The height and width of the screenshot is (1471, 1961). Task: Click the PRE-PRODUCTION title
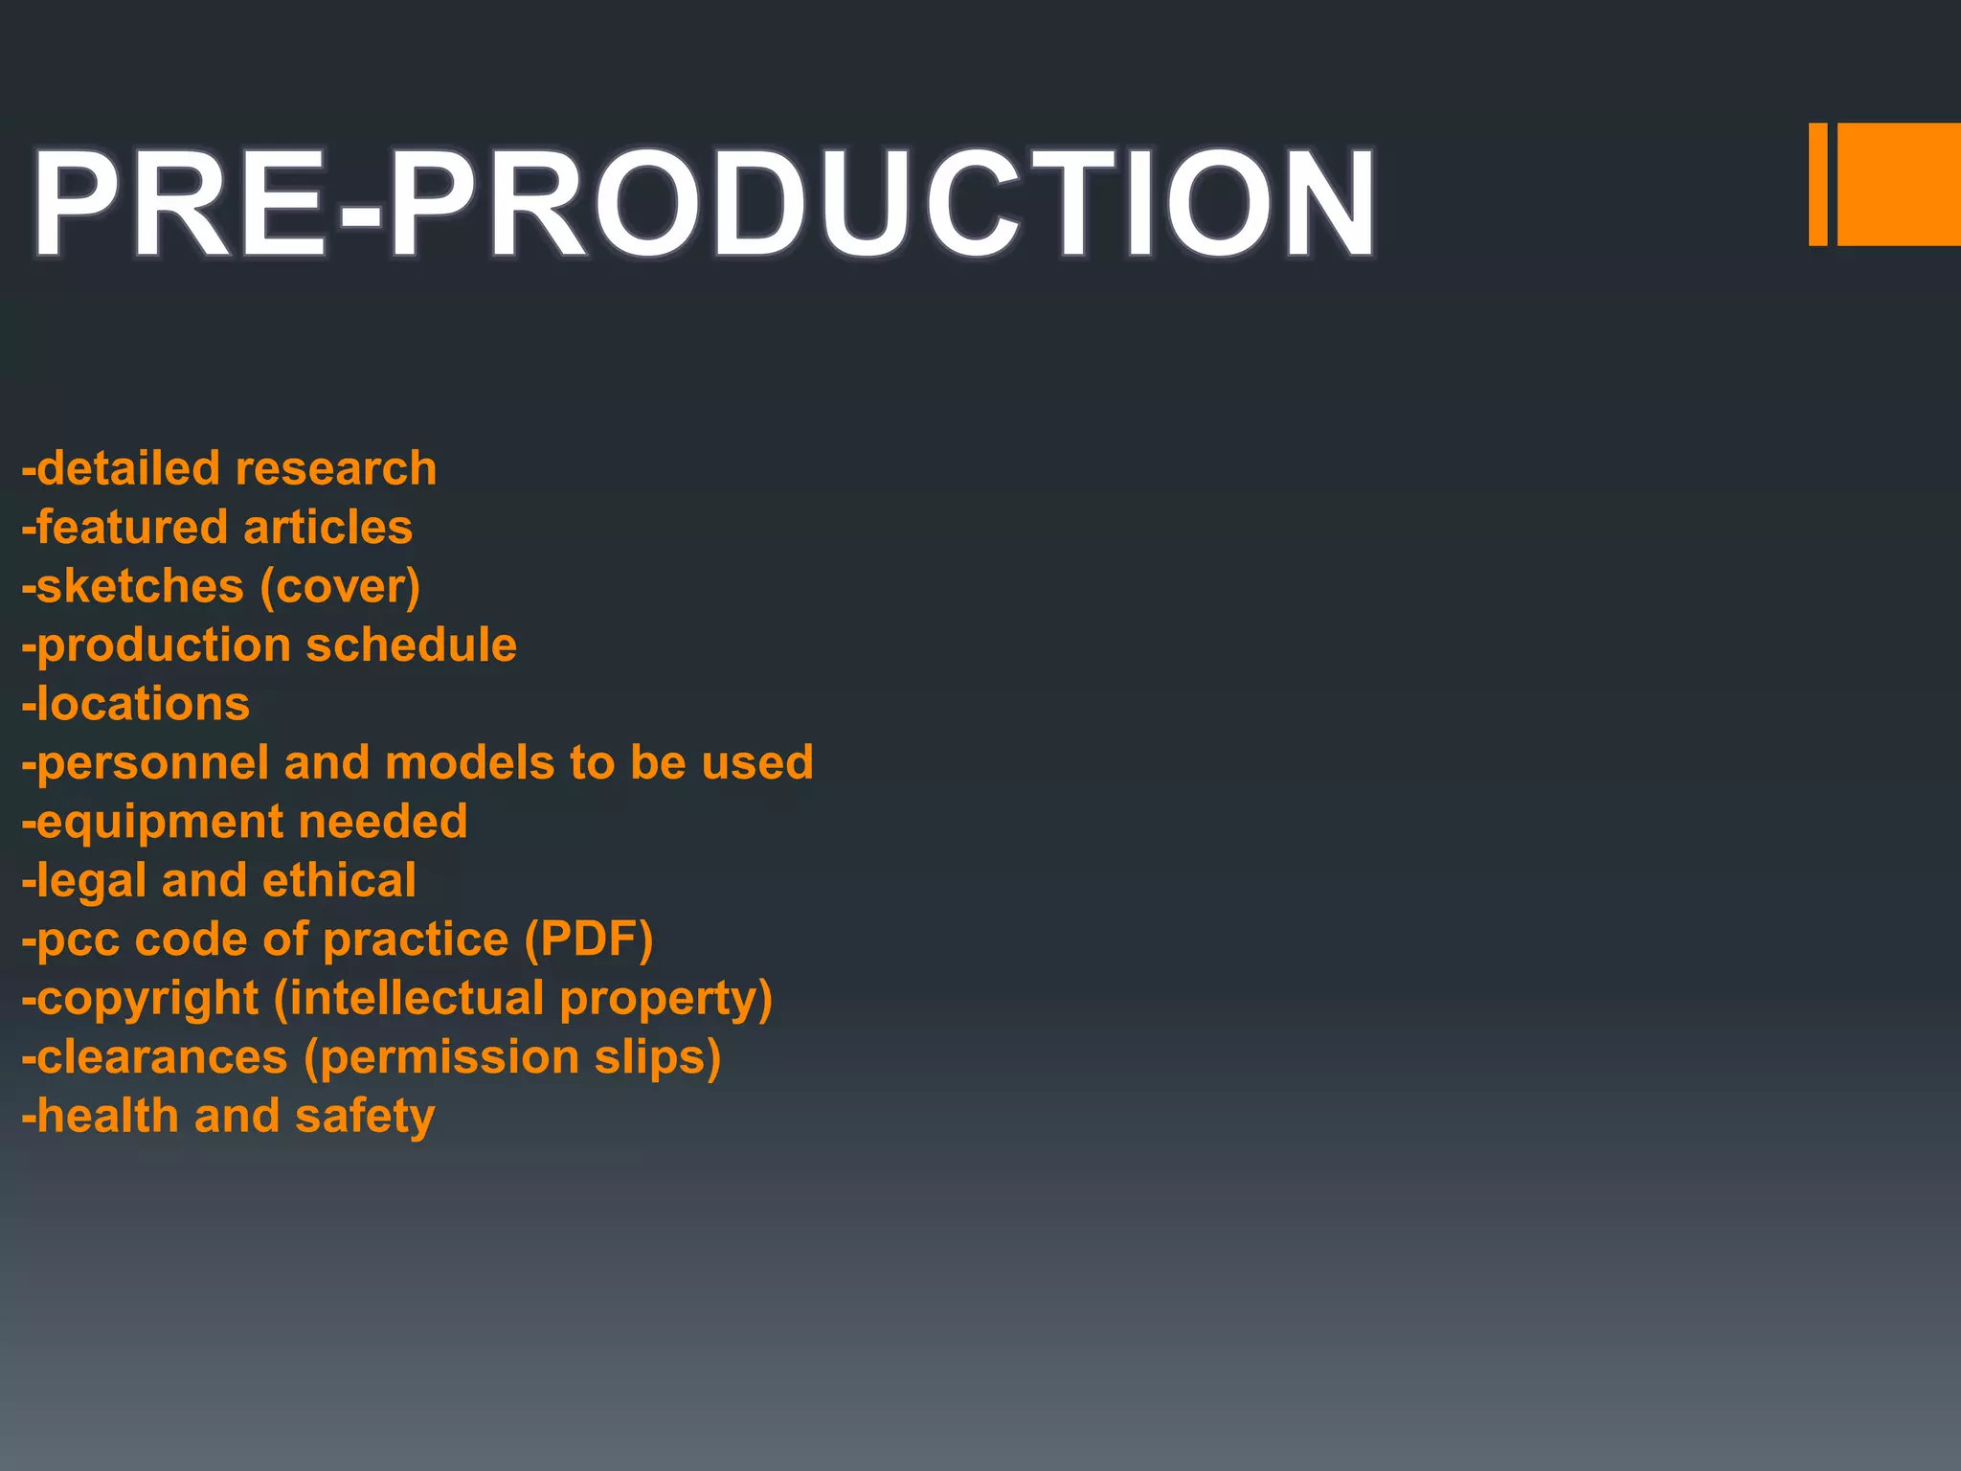click(x=704, y=203)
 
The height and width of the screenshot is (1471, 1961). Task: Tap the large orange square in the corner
click(x=1899, y=184)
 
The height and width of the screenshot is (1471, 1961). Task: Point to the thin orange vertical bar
click(x=1817, y=184)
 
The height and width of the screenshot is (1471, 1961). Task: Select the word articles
click(x=327, y=528)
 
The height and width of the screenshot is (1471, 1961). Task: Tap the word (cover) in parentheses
click(x=340, y=587)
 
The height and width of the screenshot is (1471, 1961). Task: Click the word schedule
click(x=411, y=645)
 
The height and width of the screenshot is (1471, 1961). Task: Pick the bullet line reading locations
click(x=136, y=704)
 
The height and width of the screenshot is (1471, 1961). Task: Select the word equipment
click(x=159, y=823)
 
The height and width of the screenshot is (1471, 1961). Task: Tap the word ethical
click(x=339, y=881)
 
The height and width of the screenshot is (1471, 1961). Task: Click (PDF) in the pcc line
click(x=588, y=939)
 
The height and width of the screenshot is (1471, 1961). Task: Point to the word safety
click(x=365, y=1117)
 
